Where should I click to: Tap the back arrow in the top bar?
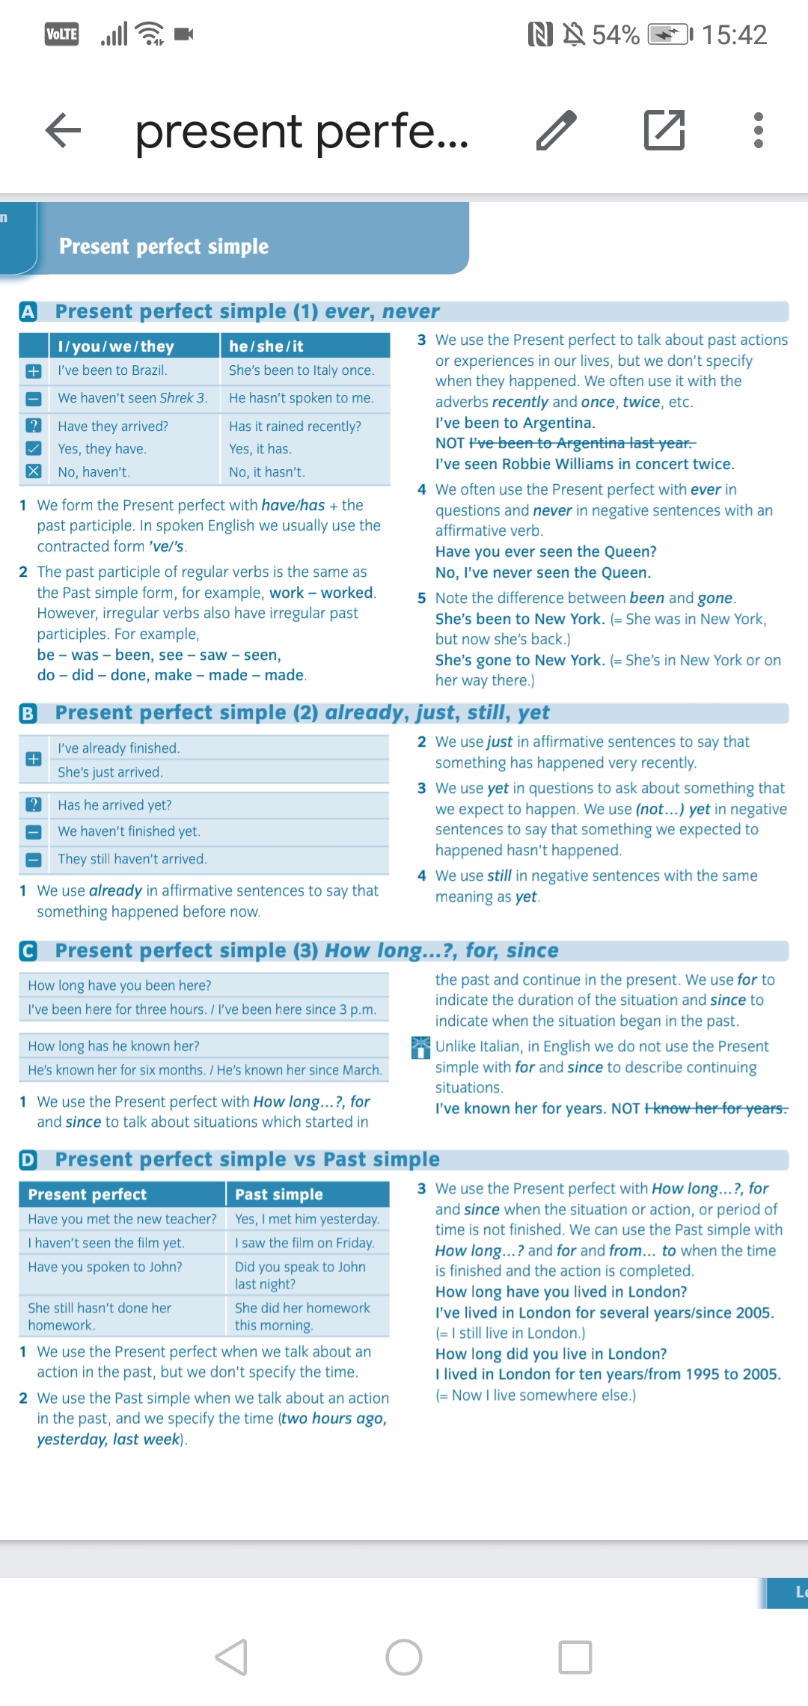pyautogui.click(x=64, y=130)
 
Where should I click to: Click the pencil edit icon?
pyautogui.click(x=557, y=130)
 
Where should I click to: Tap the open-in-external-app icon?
pyautogui.click(x=664, y=130)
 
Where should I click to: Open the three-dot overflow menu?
pyautogui.click(x=758, y=130)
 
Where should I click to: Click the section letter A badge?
pyautogui.click(x=28, y=311)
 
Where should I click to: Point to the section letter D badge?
pyautogui.click(x=28, y=1160)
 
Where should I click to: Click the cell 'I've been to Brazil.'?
pyautogui.click(x=112, y=370)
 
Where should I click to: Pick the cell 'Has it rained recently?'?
pyautogui.click(x=295, y=426)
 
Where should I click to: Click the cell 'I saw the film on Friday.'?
pyautogui.click(x=304, y=1243)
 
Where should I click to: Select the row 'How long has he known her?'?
pyautogui.click(x=114, y=1046)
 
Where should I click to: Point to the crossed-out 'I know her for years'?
pyautogui.click(x=716, y=1108)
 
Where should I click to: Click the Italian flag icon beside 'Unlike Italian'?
pyautogui.click(x=421, y=1047)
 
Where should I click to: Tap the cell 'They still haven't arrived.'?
pyautogui.click(x=132, y=859)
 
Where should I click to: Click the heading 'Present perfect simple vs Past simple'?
pyautogui.click(x=247, y=1160)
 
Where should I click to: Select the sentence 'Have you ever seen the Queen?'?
pyautogui.click(x=546, y=552)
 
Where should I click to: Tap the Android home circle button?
pyautogui.click(x=404, y=1657)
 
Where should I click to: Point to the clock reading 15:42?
pyautogui.click(x=734, y=34)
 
